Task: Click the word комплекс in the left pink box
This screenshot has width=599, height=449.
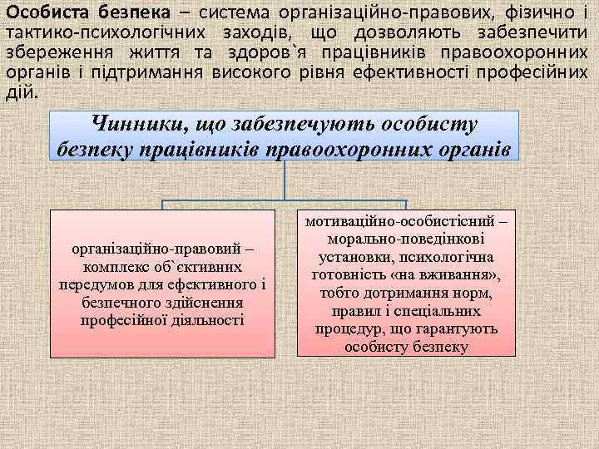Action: [117, 268]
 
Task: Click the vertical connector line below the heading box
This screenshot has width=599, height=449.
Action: [285, 180]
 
